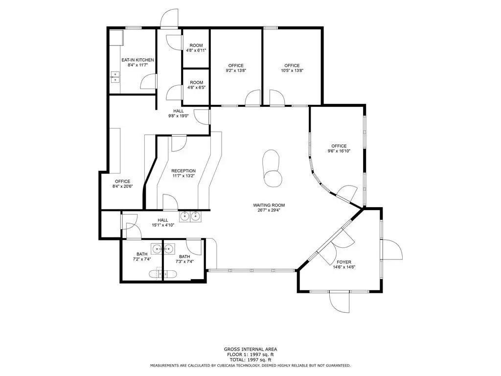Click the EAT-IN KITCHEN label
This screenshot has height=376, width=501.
[137, 60]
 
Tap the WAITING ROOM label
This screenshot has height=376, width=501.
[269, 205]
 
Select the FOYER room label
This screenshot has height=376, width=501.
[344, 262]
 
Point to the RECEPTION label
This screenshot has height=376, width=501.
[183, 171]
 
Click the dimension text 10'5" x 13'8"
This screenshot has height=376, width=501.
[292, 70]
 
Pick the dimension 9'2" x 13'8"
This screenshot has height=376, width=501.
[236, 70]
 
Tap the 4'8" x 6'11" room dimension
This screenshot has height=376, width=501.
[196, 50]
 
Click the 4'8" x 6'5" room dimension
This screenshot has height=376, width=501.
[196, 87]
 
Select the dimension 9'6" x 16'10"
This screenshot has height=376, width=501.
[339, 151]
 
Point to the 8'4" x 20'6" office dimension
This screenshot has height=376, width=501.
[123, 187]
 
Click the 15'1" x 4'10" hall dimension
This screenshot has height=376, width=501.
[162, 225]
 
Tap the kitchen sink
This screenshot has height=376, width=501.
[115, 77]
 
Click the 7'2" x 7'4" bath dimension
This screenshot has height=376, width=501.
[142, 259]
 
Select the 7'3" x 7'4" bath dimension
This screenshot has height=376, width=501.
[184, 261]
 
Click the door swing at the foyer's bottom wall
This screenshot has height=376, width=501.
[340, 303]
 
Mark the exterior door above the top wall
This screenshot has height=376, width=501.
[169, 18]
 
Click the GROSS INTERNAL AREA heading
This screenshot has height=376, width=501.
[250, 350]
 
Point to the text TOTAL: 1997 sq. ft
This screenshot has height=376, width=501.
[250, 360]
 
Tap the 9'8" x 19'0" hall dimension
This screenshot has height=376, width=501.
[178, 116]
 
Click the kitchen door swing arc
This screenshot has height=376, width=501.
[149, 82]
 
